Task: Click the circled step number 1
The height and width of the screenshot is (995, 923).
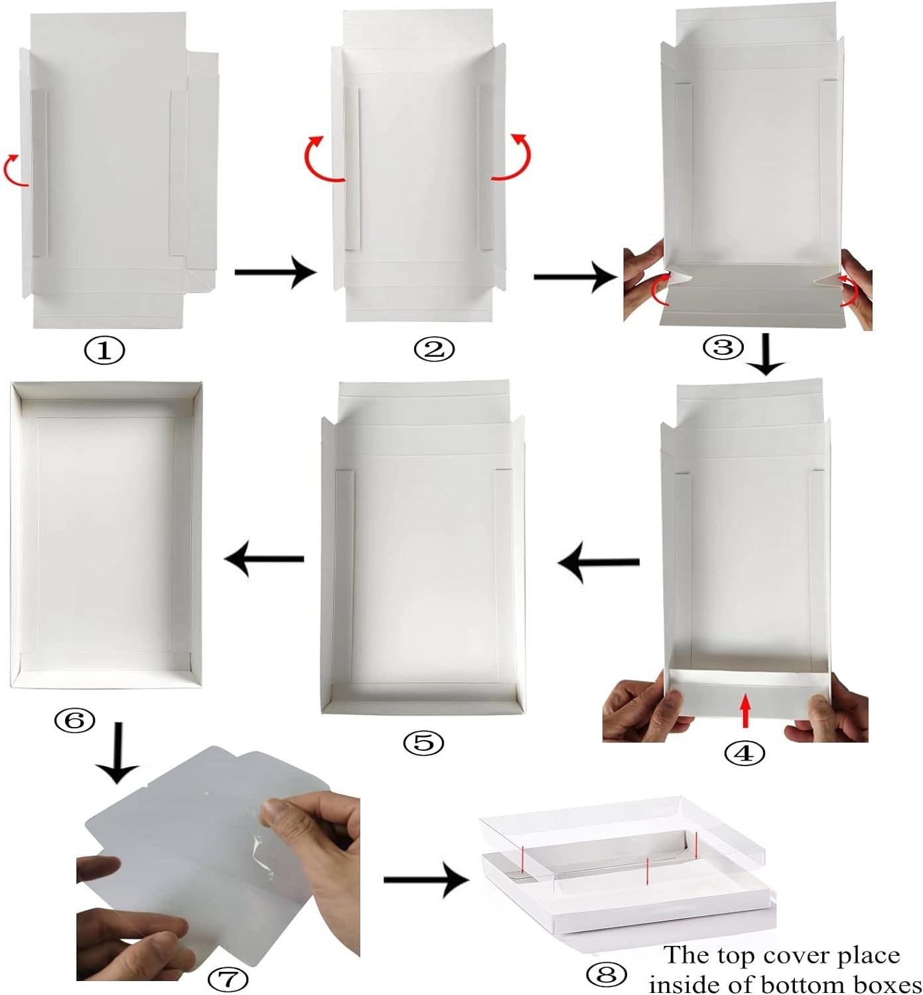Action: (x=104, y=350)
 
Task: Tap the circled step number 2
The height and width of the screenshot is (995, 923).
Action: (x=435, y=349)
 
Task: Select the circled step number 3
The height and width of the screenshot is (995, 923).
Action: (x=723, y=347)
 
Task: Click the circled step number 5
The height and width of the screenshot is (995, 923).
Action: (x=423, y=743)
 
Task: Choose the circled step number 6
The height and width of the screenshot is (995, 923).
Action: (x=74, y=720)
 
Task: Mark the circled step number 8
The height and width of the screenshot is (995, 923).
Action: (x=606, y=974)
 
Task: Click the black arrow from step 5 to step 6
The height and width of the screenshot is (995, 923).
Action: (x=264, y=559)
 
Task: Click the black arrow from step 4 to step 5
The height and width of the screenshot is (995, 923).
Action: (x=599, y=563)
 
